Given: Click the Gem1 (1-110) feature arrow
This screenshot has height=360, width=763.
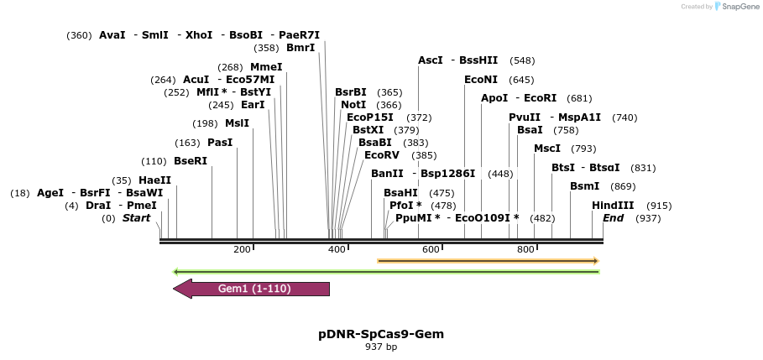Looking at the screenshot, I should (x=252, y=289).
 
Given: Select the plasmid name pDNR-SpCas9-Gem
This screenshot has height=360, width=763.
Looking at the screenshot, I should (x=381, y=334).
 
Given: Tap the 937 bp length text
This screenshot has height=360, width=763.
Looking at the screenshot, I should (x=381, y=347).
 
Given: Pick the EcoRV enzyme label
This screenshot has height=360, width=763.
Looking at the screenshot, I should (x=382, y=155).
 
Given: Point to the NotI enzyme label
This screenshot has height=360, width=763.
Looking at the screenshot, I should (x=353, y=105).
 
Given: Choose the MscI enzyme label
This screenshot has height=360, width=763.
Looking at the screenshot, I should (x=547, y=149).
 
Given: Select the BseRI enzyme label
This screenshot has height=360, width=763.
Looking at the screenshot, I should (x=191, y=161).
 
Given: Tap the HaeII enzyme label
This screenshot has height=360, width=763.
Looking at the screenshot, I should (x=154, y=180).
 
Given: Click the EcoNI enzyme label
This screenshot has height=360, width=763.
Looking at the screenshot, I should (x=481, y=80).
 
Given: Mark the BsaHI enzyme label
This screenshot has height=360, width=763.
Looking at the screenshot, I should (x=400, y=193).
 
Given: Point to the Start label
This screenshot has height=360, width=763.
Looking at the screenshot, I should (x=137, y=218).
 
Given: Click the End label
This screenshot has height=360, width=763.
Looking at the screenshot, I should (x=614, y=218).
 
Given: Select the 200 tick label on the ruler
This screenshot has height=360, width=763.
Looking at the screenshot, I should (x=243, y=249).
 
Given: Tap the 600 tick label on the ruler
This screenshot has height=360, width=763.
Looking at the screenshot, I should (x=431, y=249).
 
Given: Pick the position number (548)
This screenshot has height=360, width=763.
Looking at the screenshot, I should (x=522, y=60).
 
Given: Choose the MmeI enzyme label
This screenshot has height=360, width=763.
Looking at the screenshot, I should (x=267, y=67).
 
